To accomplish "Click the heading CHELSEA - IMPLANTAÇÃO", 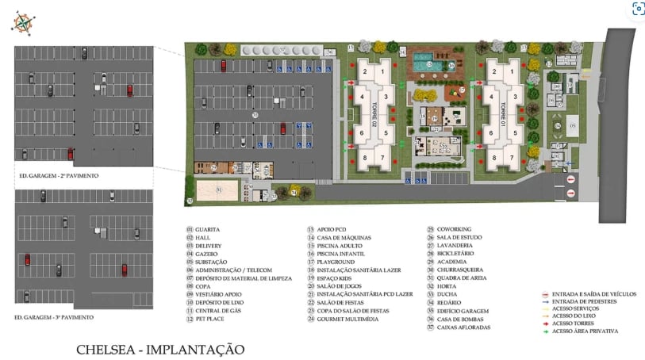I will [159, 349].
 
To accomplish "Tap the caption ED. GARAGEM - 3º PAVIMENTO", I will [55, 317].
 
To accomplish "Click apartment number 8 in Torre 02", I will [365, 158].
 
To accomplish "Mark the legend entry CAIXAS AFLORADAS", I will [463, 327].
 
